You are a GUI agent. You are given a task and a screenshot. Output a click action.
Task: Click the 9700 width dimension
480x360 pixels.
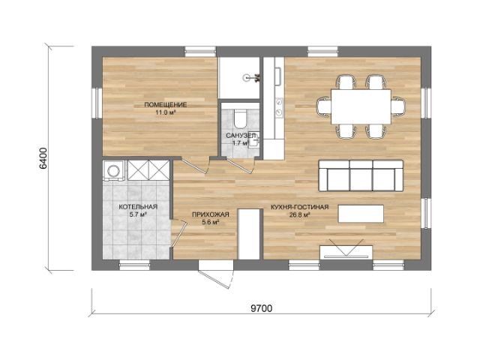coord(262,308)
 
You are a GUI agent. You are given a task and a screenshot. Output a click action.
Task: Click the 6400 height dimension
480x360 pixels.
coord(43,158)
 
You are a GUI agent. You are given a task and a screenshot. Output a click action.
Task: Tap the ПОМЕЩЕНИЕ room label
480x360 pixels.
coord(165,105)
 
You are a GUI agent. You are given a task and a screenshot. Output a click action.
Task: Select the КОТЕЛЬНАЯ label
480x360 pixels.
coord(138,207)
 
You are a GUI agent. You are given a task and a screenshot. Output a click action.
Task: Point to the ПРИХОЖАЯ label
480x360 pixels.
coord(211,214)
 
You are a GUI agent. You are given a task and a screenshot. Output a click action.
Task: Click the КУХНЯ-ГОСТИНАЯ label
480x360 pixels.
coord(300,207)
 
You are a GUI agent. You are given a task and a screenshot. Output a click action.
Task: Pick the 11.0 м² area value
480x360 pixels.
coord(165,112)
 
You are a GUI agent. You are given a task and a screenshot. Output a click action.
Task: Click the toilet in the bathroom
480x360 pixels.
coord(240,120)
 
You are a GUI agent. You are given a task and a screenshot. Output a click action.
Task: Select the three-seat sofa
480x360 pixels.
coord(361,175)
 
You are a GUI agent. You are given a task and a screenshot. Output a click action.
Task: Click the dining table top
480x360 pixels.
coord(361,106)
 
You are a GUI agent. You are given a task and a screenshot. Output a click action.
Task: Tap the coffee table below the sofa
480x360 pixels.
coord(361,214)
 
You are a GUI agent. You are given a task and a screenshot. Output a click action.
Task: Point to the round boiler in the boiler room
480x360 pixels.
coord(114,170)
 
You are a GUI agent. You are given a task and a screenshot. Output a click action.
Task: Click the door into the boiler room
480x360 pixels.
coord(178,233)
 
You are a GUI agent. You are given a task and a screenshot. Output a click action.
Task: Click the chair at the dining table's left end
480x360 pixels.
coord(324,106)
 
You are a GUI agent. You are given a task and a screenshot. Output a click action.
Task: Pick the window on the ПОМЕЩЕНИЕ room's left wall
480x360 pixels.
coord(97,103)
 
